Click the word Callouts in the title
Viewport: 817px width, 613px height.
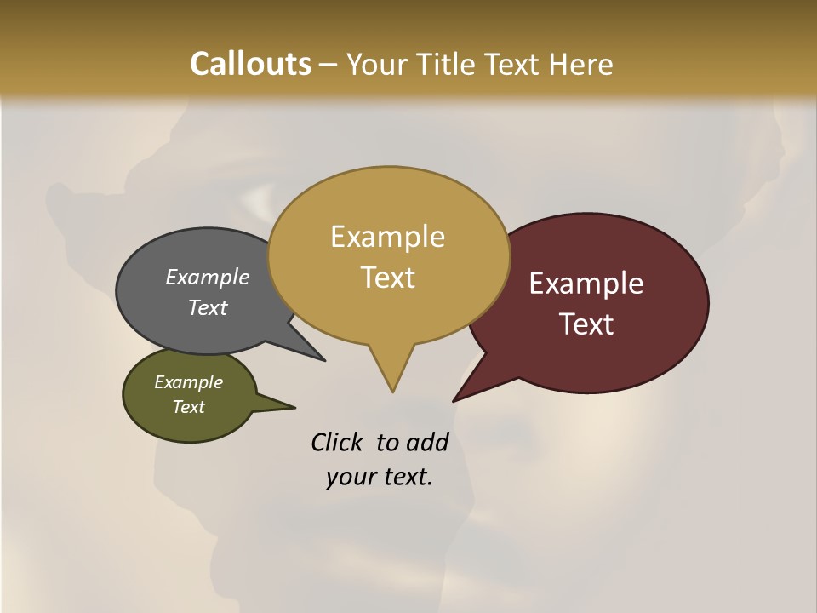click(250, 64)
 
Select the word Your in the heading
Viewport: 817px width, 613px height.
click(380, 65)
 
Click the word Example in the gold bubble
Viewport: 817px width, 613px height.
click(387, 237)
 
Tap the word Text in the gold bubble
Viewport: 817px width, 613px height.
click(388, 278)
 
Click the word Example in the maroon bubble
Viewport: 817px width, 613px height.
click(586, 284)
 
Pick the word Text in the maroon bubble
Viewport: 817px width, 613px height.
click(587, 324)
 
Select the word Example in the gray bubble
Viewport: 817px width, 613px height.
click(208, 277)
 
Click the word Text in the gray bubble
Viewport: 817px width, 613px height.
click(208, 307)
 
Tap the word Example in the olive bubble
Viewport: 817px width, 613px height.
click(188, 382)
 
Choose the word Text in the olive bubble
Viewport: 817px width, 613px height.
click(188, 407)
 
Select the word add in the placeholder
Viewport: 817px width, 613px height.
click(428, 442)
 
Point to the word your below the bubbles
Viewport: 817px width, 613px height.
click(351, 477)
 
